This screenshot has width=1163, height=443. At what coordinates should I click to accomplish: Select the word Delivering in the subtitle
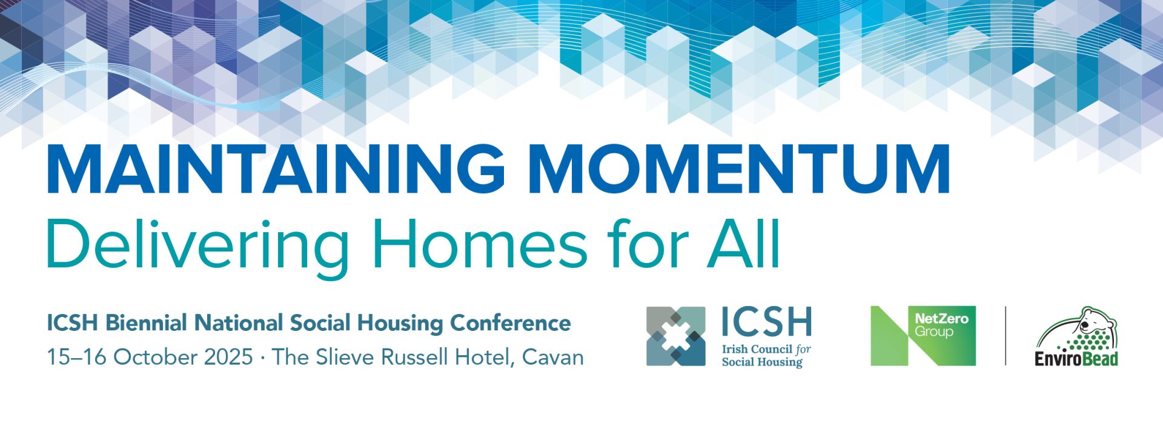pos(197,245)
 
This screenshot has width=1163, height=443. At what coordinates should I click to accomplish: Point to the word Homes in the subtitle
pos(479,244)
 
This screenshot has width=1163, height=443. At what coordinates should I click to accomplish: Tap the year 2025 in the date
pos(228,357)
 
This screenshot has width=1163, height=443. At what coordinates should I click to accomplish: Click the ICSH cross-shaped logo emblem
pos(675,336)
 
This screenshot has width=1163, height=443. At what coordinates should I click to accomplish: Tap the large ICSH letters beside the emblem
pos(766,322)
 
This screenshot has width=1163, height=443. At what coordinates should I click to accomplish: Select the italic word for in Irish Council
pos(803,350)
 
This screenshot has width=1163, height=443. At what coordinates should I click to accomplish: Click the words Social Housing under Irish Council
pos(762,362)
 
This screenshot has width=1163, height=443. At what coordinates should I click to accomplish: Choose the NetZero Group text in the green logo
pos(941,325)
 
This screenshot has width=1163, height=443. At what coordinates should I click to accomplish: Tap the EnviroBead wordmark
pos(1076,359)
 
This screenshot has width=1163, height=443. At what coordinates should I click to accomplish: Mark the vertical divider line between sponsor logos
pos(1006,336)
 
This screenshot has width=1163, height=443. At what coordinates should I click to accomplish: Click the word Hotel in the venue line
pos(485,357)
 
